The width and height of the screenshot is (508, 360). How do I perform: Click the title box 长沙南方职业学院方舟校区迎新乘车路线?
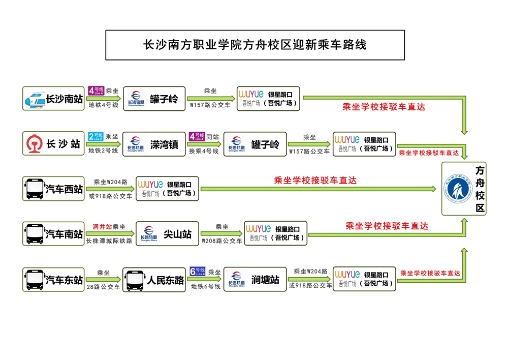click(255, 45)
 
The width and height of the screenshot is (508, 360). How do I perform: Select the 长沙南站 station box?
click(53, 99)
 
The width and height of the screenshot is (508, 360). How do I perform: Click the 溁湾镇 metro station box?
click(154, 144)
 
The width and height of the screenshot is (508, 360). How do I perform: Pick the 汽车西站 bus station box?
click(53, 189)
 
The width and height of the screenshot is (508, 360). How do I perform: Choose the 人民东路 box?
click(154, 279)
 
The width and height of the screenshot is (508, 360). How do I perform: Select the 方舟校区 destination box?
click(463, 189)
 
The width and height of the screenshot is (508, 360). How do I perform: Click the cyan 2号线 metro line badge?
click(96, 137)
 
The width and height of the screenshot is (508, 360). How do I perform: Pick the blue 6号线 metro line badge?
click(197, 271)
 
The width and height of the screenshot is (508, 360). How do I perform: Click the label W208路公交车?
click(222, 241)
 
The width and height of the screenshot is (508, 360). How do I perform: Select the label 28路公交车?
click(103, 287)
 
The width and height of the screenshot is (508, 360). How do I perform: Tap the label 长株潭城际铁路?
click(109, 241)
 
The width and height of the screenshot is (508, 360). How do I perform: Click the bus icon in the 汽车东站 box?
click(35, 279)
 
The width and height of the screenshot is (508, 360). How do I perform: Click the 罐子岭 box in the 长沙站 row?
click(255, 144)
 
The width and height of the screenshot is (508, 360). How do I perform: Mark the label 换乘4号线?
click(204, 152)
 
